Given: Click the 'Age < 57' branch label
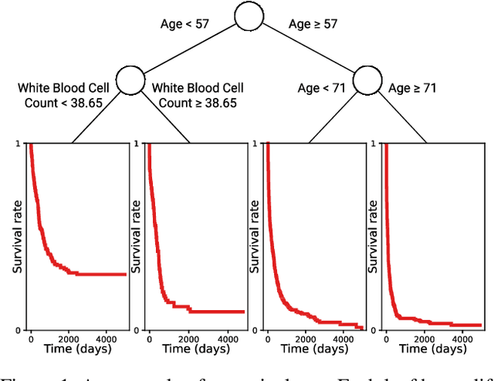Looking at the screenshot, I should pos(184,23).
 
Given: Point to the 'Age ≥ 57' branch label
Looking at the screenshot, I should pos(313,23).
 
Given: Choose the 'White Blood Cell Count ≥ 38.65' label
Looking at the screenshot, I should pos(194,94).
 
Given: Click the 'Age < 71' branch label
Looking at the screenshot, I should pos(323,88).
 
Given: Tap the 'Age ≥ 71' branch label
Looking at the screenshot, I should pos(412,88).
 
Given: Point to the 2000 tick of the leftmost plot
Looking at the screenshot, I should pos(67,337).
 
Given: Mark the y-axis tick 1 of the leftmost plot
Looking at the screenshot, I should pos(19,143).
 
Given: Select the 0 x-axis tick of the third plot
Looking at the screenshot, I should pos(267,337).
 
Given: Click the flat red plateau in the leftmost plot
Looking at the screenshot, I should pos(100,274).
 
